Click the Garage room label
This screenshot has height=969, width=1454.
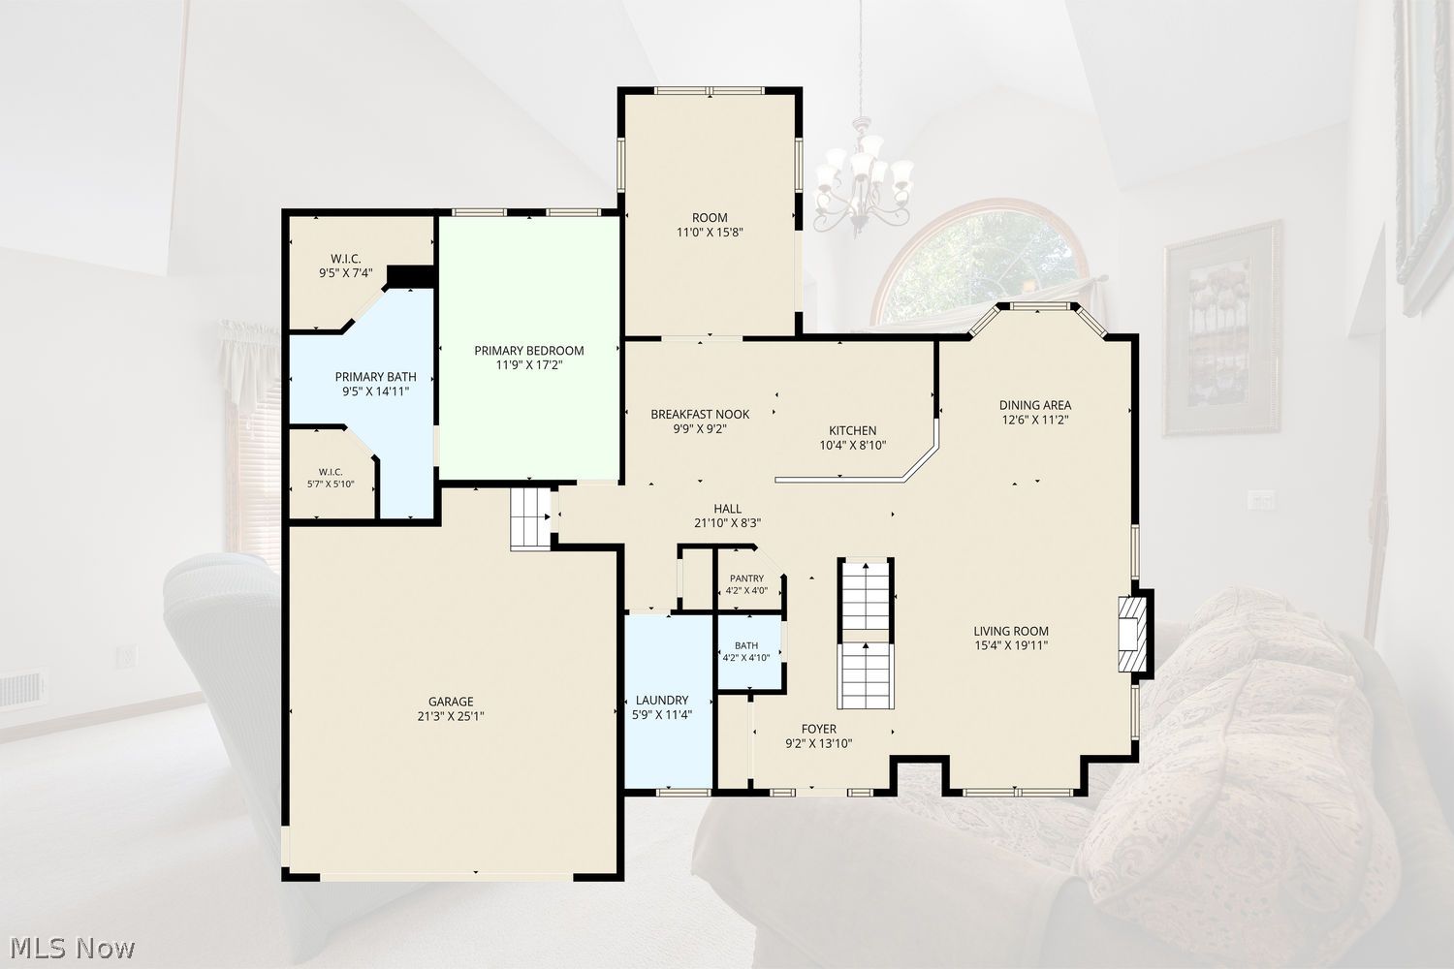451,702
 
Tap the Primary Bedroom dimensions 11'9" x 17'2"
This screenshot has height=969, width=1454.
529,365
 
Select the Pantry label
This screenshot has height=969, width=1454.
746,578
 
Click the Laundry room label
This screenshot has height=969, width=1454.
662,701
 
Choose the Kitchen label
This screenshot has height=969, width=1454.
853,430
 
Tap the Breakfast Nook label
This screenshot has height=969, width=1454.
700,414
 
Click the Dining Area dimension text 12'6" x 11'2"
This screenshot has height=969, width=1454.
1035,420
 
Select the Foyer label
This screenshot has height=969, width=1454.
818,729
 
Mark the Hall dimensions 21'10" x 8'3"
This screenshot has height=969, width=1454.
728,523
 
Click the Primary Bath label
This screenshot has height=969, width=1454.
376,377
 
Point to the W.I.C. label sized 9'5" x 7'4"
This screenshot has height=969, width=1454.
345,259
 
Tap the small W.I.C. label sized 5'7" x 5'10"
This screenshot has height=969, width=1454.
332,472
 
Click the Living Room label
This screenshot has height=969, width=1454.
1011,631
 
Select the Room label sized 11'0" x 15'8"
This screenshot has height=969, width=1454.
710,217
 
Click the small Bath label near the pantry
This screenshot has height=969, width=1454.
746,645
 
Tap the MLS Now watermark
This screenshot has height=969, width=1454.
72,949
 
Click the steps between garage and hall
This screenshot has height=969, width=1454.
531,519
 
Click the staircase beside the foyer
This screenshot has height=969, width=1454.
866,634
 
